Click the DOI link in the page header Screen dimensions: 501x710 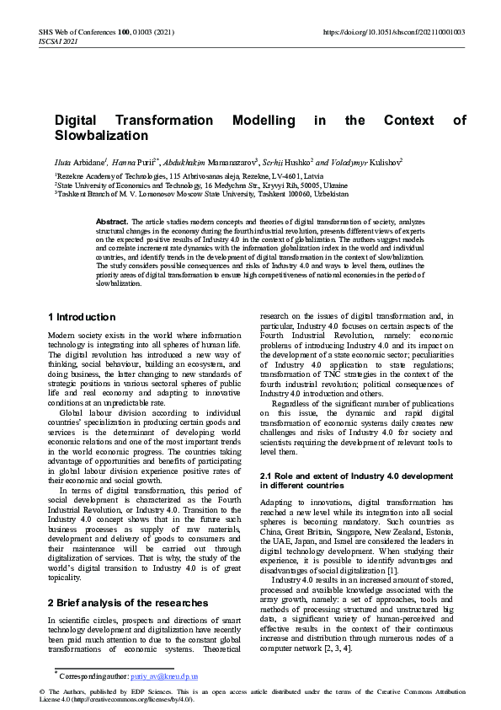coord(394,32)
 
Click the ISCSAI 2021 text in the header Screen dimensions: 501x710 coord(57,40)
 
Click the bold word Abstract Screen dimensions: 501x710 coord(112,221)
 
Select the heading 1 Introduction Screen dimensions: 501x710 coord(82,317)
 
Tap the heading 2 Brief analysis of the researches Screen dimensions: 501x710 coord(128,603)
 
